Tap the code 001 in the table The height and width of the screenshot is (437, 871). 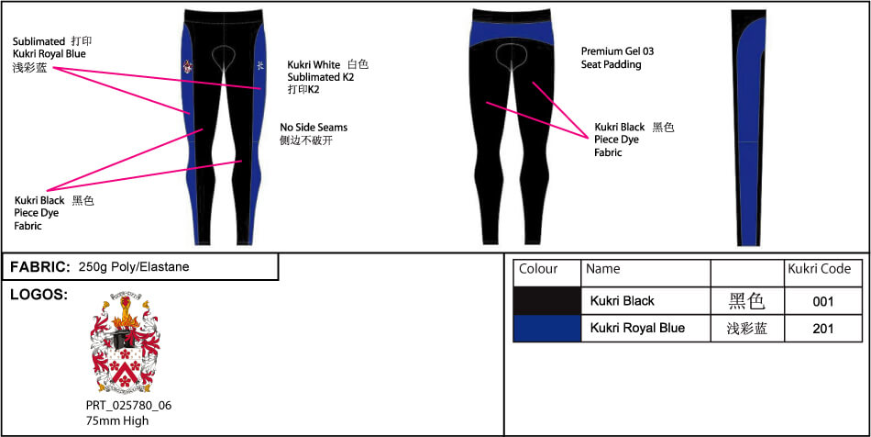tap(823, 301)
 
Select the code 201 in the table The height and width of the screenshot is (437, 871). tap(823, 329)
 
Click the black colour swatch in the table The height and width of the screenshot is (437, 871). tap(547, 301)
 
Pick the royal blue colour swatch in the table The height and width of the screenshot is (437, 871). tap(547, 329)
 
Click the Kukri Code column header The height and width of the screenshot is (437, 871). tap(820, 269)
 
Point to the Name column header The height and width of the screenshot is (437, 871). tap(603, 269)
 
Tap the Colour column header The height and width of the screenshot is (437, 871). tap(538, 269)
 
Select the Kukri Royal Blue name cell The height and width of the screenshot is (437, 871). tap(637, 328)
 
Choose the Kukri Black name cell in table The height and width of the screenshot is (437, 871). tap(623, 301)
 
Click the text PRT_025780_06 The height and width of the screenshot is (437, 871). tap(128, 405)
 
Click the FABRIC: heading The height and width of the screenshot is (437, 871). tap(40, 267)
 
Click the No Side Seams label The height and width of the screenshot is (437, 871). tap(314, 128)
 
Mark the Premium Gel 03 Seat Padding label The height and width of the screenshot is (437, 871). tap(617, 58)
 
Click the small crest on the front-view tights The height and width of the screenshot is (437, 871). tap(189, 66)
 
